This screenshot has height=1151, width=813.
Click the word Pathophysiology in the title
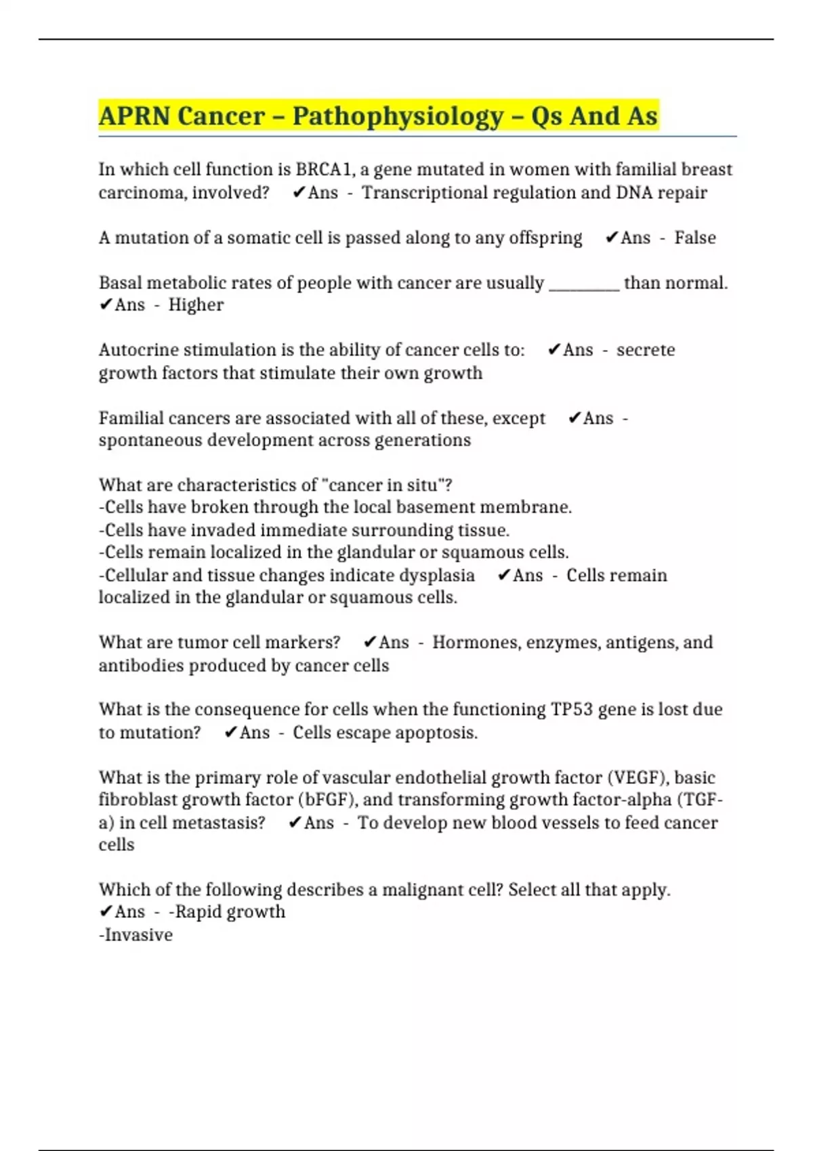[398, 116]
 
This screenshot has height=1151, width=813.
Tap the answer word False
[694, 238]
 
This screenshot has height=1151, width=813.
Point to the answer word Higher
[196, 305]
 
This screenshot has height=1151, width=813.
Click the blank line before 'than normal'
[584, 283]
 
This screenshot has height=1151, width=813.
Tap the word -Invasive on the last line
[135, 935]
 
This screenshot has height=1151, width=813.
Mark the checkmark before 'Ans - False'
[612, 238]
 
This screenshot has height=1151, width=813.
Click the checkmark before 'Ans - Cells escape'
[230, 733]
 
